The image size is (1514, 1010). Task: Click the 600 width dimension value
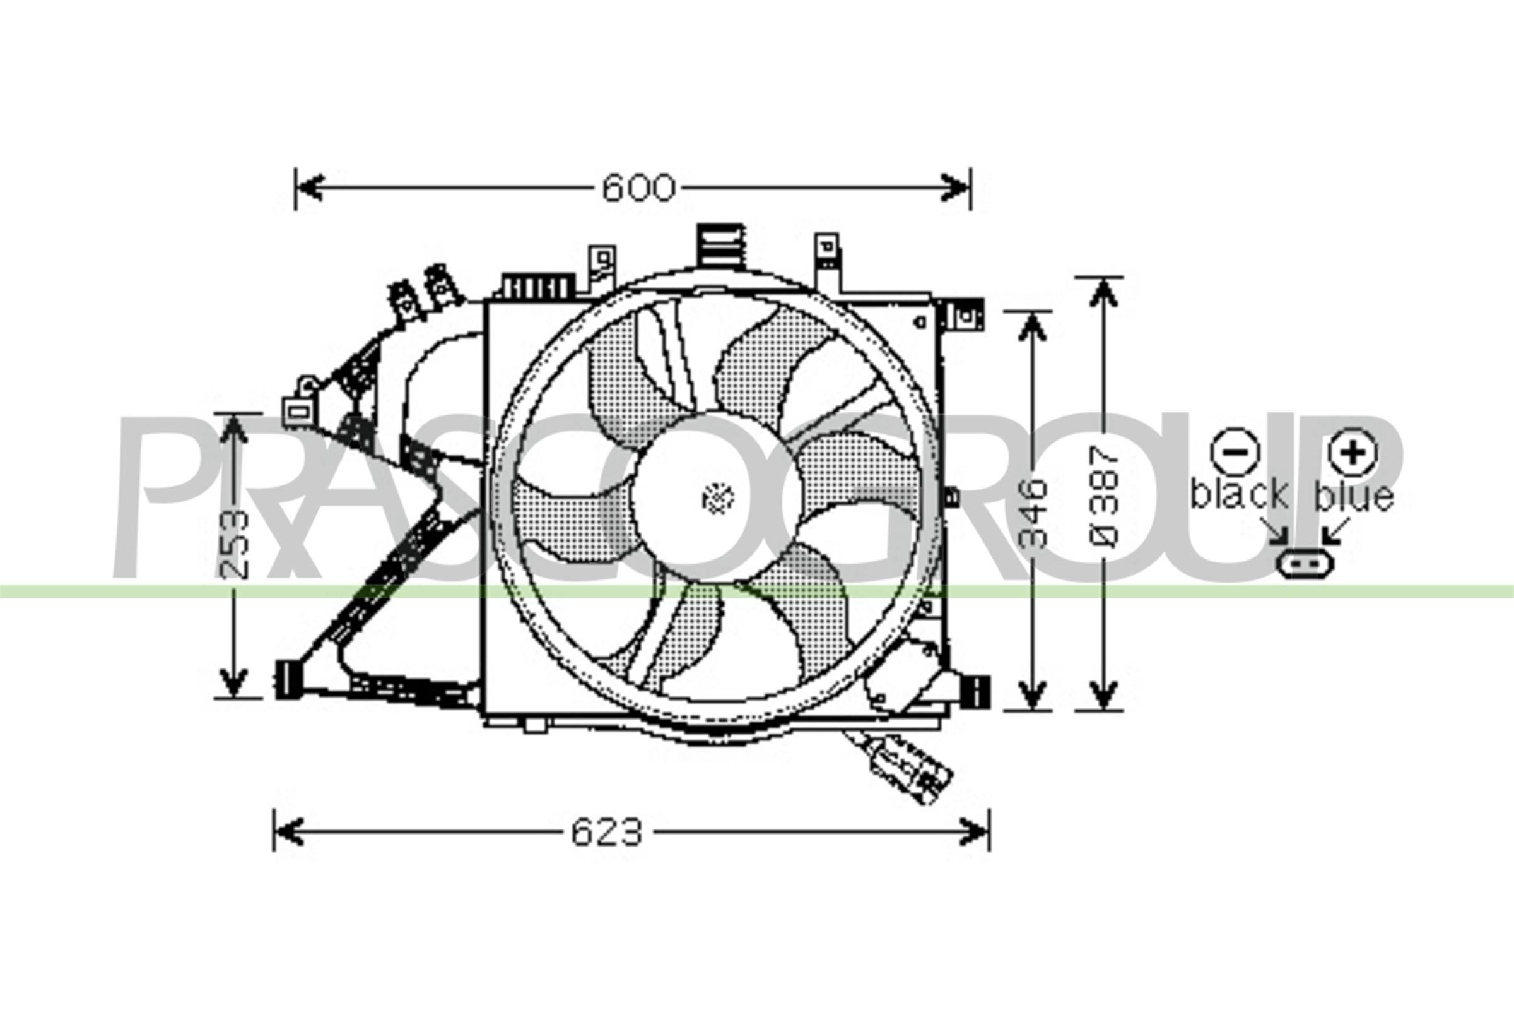(x=638, y=188)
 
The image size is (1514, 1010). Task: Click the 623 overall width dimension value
(x=606, y=832)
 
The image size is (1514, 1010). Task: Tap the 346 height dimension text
(x=1034, y=512)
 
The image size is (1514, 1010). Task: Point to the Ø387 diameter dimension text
(x=1105, y=499)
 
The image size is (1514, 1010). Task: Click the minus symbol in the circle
(x=1233, y=451)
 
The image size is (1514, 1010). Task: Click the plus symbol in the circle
(x=1353, y=451)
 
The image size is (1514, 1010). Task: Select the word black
(x=1238, y=495)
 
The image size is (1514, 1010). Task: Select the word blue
(x=1354, y=496)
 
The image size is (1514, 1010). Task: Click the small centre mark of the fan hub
(x=719, y=499)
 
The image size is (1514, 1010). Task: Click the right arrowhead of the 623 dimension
(x=975, y=832)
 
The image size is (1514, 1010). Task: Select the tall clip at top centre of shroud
(x=721, y=245)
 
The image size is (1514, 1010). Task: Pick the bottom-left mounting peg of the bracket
(x=286, y=680)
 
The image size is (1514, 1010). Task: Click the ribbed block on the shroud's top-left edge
(x=537, y=287)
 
